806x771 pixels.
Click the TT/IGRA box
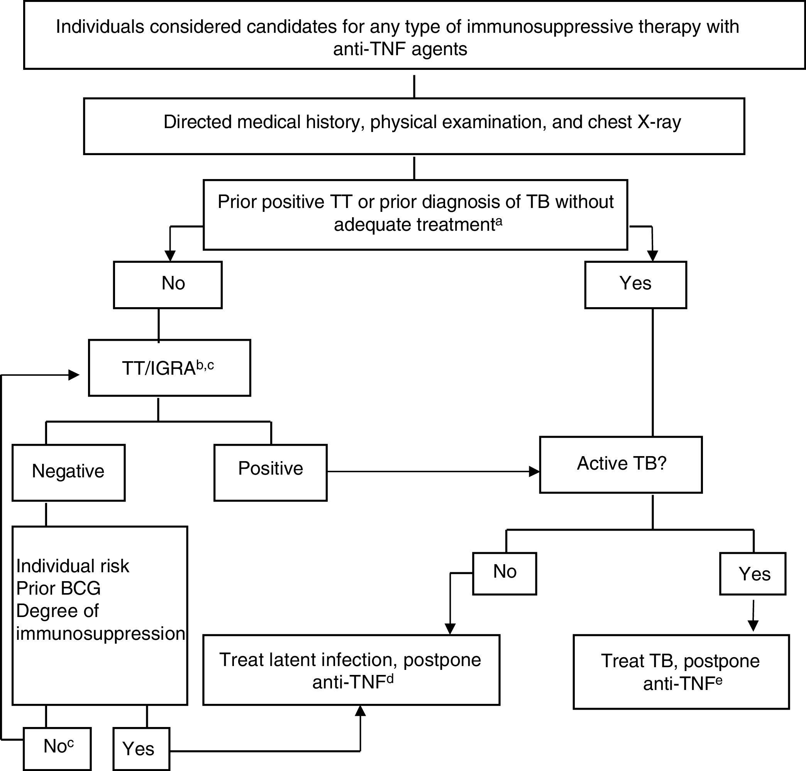coord(169,368)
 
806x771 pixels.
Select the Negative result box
coord(68,472)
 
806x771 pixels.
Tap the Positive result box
coord(271,472)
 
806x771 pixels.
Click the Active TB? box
coord(621,464)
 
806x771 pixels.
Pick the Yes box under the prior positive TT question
coord(635,284)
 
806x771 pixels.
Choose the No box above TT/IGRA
coord(168,284)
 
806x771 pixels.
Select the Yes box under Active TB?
coord(753,573)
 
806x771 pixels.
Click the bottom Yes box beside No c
coord(141,749)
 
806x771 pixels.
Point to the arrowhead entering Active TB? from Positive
coord(534,472)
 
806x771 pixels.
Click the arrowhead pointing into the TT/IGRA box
coord(74,375)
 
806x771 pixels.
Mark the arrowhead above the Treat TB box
coord(753,626)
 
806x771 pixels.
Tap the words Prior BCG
coord(58,588)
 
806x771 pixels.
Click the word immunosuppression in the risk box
coord(101,633)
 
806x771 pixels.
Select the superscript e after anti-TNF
coord(719,680)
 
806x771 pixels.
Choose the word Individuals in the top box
coord(100,27)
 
